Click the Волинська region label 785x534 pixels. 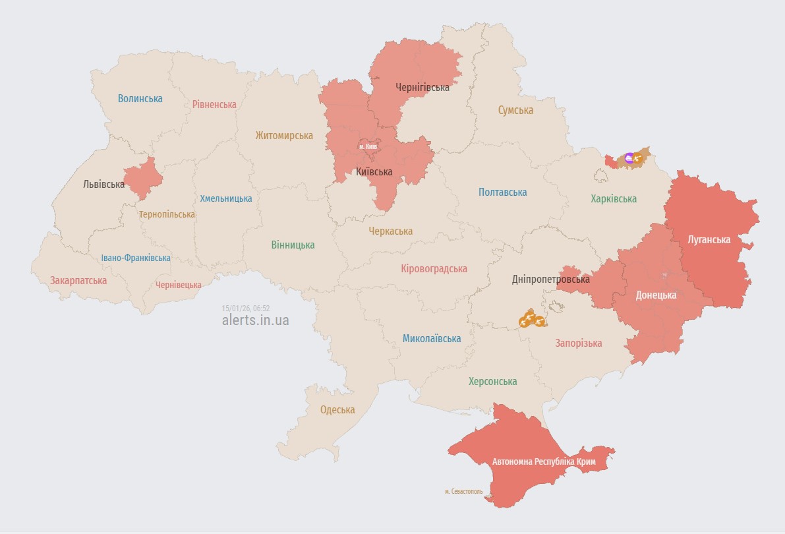tap(140, 99)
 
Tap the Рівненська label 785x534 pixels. tap(214, 104)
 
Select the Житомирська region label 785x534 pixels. tap(284, 135)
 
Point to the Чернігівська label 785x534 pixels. tap(422, 87)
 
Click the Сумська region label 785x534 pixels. tap(515, 110)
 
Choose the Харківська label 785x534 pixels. tap(614, 198)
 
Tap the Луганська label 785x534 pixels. tap(709, 240)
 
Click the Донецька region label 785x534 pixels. tap(656, 295)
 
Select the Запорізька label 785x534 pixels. tap(579, 343)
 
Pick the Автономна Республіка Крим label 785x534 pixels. tap(544, 461)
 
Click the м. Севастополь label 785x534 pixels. tap(463, 491)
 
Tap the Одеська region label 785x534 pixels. tap(337, 409)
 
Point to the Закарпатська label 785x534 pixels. tap(78, 280)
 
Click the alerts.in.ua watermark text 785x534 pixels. tap(255, 320)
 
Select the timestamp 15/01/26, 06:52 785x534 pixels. tap(246, 308)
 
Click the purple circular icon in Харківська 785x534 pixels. tap(629, 157)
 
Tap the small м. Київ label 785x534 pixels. tap(368, 146)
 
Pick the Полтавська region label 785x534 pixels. tap(502, 193)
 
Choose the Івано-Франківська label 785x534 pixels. tap(136, 258)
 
